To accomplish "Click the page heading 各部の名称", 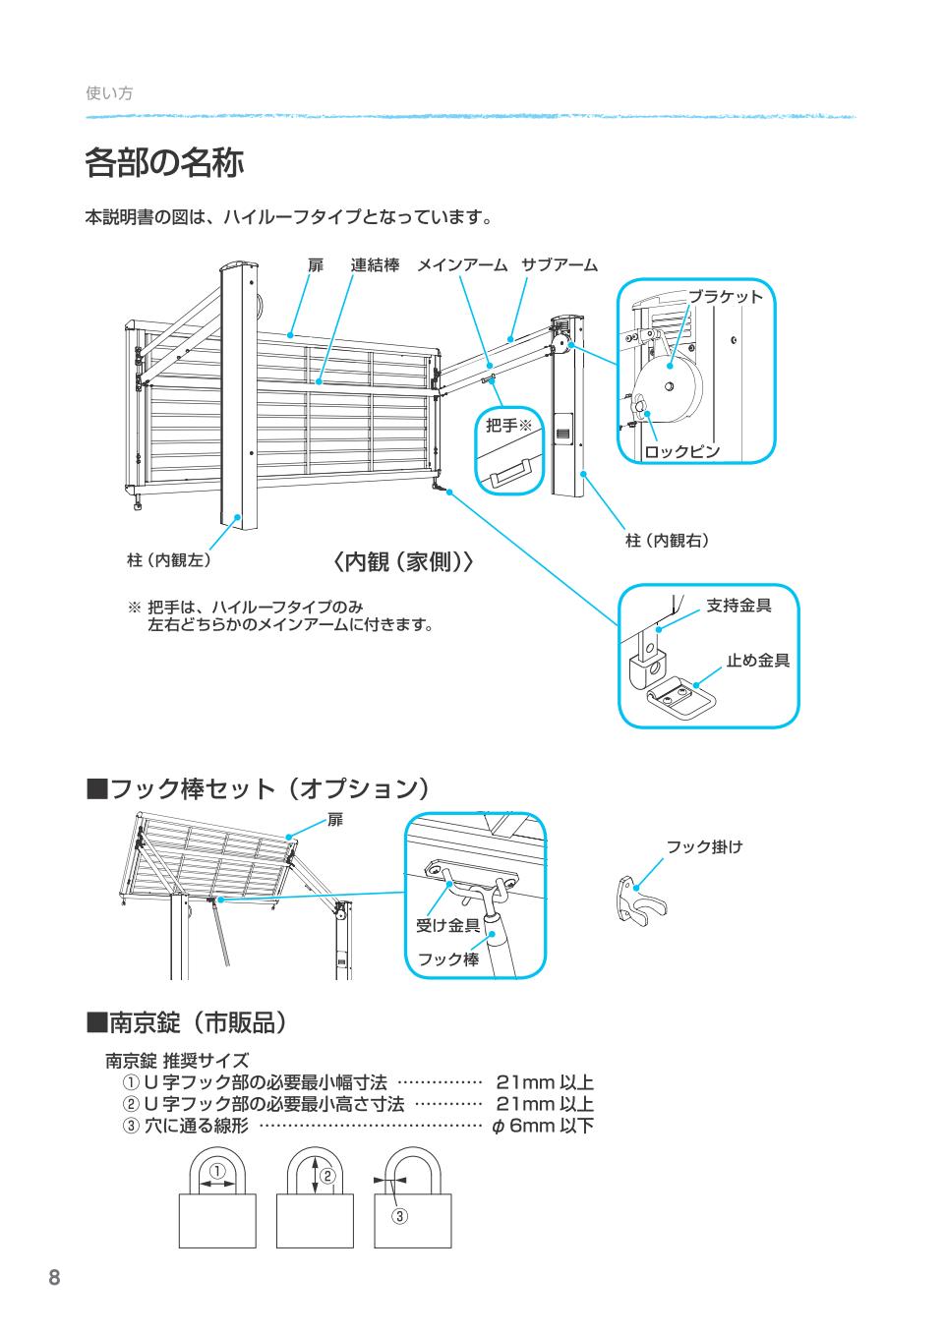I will pyautogui.click(x=164, y=163).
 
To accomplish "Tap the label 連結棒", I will pyautogui.click(x=375, y=265).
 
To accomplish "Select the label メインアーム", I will pyautogui.click(x=461, y=265).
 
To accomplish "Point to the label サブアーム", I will pyautogui.click(x=559, y=265).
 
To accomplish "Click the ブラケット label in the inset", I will pyautogui.click(x=725, y=297).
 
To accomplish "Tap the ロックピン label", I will pyautogui.click(x=682, y=452).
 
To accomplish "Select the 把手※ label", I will pyautogui.click(x=508, y=426).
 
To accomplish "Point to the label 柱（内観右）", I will pyautogui.click(x=668, y=540).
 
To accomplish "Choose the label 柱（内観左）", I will pyautogui.click(x=168, y=560).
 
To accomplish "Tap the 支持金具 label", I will pyautogui.click(x=738, y=606).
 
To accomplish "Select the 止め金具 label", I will pyautogui.click(x=757, y=661).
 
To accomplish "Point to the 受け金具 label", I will pyautogui.click(x=447, y=925).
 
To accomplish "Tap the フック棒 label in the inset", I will pyautogui.click(x=448, y=958).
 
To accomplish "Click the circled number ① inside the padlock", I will pyautogui.click(x=217, y=1171).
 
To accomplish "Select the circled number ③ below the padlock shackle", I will pyautogui.click(x=400, y=1216).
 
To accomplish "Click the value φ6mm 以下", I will pyautogui.click(x=543, y=1126).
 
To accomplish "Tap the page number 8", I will pyautogui.click(x=54, y=1278).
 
